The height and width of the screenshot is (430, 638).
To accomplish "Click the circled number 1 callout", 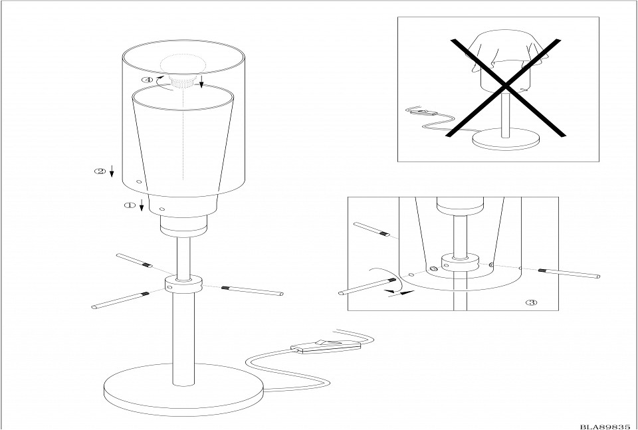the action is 130,205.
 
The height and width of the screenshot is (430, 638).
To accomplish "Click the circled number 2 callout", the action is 100,171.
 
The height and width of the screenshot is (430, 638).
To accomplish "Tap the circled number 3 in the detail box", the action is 532,302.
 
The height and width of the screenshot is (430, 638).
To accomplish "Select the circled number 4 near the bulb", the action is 148,80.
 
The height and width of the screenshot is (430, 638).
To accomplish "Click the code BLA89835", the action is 605,427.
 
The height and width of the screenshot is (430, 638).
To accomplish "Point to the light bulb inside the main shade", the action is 181,70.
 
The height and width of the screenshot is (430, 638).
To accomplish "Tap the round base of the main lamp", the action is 183,389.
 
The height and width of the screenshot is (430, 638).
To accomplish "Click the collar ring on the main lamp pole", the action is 183,284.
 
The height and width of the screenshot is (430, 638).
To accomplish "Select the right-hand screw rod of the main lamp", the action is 253,290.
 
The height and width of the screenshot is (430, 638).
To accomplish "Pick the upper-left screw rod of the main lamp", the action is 134,261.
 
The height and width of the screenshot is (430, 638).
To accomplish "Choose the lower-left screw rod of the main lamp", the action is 121,300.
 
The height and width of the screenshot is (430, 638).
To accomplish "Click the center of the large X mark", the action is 505,86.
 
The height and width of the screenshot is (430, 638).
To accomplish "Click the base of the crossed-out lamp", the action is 506,139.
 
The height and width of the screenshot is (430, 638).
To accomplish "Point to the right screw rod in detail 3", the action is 570,273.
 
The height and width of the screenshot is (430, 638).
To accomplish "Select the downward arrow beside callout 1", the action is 141,205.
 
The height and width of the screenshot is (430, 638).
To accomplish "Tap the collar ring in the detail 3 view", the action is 460,263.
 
